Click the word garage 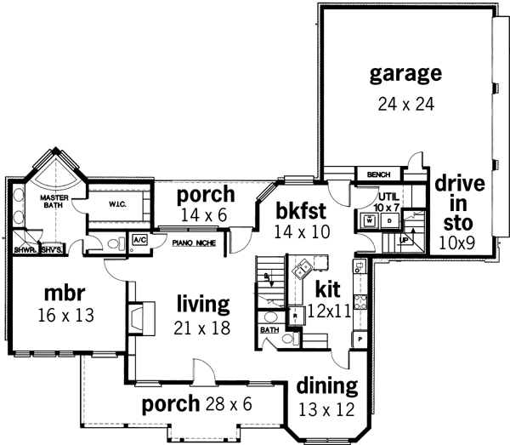[405, 73]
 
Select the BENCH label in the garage [378, 175]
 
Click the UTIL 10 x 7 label [388, 202]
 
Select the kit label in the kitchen [328, 288]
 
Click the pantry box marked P [360, 338]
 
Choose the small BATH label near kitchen [269, 329]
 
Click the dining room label [327, 385]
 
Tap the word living [203, 303]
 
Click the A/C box [139, 241]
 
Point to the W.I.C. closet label [117, 205]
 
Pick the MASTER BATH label [54, 201]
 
